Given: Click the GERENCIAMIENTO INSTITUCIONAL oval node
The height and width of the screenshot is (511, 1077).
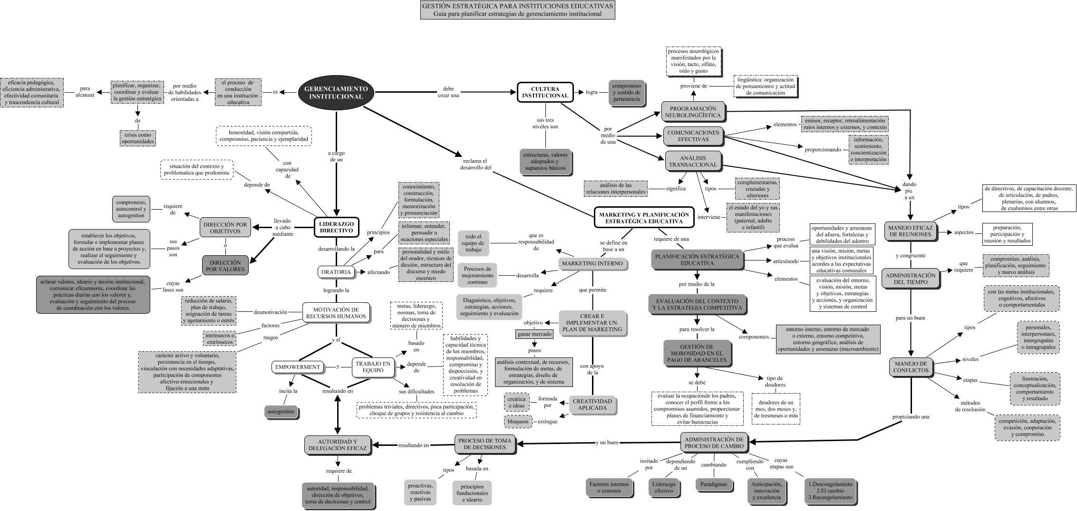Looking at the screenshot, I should tap(336, 93).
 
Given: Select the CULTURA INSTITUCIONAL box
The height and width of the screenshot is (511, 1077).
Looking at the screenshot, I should tap(545, 92).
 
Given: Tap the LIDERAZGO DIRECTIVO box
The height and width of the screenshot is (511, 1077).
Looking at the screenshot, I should tap(336, 227).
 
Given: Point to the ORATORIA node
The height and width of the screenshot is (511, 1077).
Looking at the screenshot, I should tap(336, 272).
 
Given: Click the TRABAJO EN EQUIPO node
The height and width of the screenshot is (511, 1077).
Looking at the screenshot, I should tap(373, 367).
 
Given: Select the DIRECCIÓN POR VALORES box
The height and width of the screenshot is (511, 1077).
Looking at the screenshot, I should tap(225, 266).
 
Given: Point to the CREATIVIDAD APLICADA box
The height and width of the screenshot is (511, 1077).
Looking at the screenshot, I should tap(592, 405).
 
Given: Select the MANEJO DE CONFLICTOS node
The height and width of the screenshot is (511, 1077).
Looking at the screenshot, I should tap(910, 366).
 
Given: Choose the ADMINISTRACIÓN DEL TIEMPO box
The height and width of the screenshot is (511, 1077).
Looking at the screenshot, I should tap(910, 279).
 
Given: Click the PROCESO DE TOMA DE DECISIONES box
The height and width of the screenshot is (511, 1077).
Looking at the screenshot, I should tap(485, 444).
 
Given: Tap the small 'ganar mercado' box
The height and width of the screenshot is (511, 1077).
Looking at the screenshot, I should tap(534, 334).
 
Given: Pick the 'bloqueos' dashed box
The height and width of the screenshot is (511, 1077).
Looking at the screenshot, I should tap(517, 421).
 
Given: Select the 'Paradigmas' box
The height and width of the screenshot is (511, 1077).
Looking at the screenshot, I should tap(714, 484).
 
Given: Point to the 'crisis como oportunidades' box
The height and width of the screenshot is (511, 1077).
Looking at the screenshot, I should tap(137, 138).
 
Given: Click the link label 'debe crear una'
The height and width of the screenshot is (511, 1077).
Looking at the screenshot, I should tap(448, 92).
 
